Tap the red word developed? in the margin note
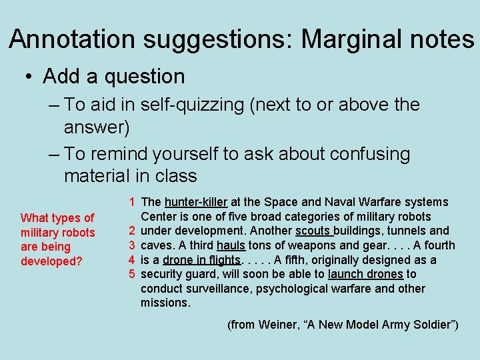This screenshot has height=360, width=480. click(x=51, y=261)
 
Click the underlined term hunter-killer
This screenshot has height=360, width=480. click(x=196, y=202)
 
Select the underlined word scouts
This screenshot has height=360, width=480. click(x=313, y=231)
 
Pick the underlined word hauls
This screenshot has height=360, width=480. click(x=231, y=245)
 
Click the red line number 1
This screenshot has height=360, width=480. click(x=133, y=202)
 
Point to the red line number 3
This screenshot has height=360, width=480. click(x=133, y=245)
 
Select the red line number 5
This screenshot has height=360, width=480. click(x=133, y=274)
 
